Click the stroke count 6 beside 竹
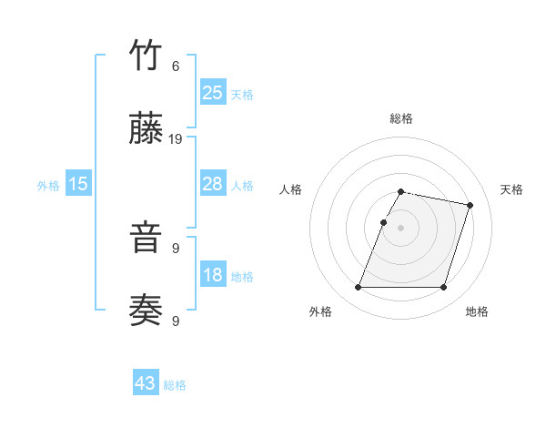point(176,66)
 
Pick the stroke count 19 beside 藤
point(176,139)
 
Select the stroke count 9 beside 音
point(176,248)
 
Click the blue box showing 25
point(212,92)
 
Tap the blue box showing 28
point(212,184)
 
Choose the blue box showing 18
point(212,275)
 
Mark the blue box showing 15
point(78,184)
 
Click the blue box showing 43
point(146,383)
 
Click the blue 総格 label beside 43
point(175,385)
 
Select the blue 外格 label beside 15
point(48,186)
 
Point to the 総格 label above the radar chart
point(401,118)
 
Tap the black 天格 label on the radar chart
point(511,189)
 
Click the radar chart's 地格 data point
point(443,288)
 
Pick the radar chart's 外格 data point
point(359,288)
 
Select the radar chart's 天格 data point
point(470,205)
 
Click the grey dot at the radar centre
point(400,228)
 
